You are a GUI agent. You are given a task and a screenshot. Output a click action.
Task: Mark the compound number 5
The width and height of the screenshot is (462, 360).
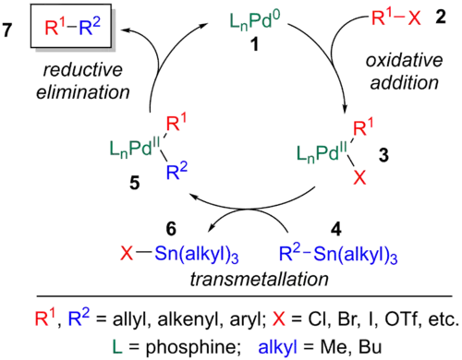134,184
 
